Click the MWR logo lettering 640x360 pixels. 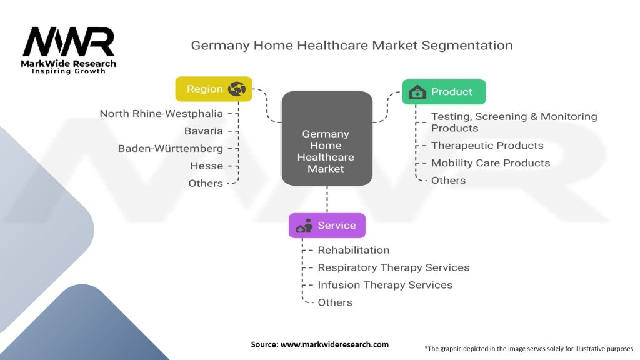pyautogui.click(x=69, y=42)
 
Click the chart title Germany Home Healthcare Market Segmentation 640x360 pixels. pyautogui.click(x=352, y=45)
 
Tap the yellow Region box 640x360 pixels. pyautogui.click(x=214, y=89)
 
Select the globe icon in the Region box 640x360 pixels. pyautogui.click(x=237, y=89)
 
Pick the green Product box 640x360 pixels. pyautogui.click(x=444, y=92)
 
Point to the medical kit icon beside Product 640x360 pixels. pyautogui.click(x=417, y=92)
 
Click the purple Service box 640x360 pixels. pyautogui.click(x=327, y=225)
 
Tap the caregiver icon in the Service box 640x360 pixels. pyautogui.click(x=304, y=226)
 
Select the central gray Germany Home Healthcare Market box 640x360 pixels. pyautogui.click(x=327, y=138)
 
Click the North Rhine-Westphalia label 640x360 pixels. pyautogui.click(x=161, y=114)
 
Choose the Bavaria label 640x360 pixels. pyautogui.click(x=204, y=131)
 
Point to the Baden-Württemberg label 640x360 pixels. pyautogui.click(x=171, y=149)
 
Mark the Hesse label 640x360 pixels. pyautogui.click(x=206, y=166)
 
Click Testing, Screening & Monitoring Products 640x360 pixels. pyautogui.click(x=514, y=122)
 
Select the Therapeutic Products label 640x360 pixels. pyautogui.click(x=487, y=146)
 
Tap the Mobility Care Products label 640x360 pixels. pyautogui.click(x=491, y=163)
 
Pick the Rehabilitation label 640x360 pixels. pyautogui.click(x=354, y=250)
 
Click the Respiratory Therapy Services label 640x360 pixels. pyautogui.click(x=394, y=267)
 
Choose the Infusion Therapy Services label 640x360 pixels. pyautogui.click(x=385, y=285)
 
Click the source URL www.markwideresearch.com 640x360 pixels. pyautogui.click(x=335, y=344)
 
